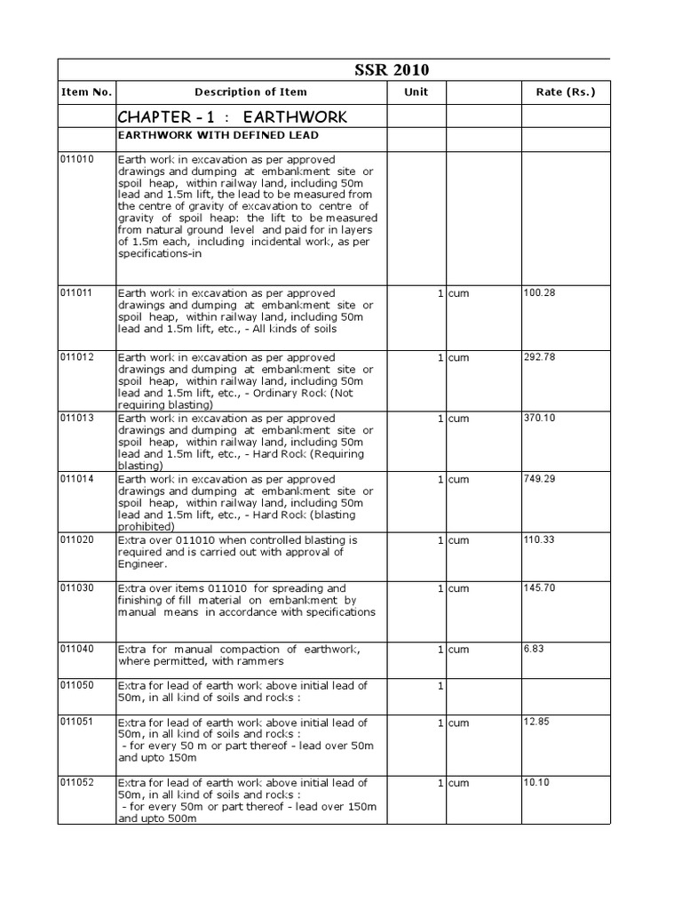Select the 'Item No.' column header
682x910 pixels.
[86, 92]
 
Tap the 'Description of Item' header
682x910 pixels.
[250, 92]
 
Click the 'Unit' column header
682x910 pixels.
[416, 92]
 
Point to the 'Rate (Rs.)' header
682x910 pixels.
[566, 92]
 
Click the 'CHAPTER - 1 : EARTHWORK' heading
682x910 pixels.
[233, 117]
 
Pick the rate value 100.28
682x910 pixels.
[539, 292]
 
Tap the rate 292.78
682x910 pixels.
[539, 357]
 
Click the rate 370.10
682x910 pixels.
[539, 418]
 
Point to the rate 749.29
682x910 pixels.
[539, 479]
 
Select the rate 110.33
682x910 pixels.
[539, 540]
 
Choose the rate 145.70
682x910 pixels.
[539, 588]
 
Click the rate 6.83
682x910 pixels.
[534, 650]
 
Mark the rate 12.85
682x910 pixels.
[536, 722]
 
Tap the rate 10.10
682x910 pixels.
[536, 783]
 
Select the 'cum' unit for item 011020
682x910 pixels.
[458, 540]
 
